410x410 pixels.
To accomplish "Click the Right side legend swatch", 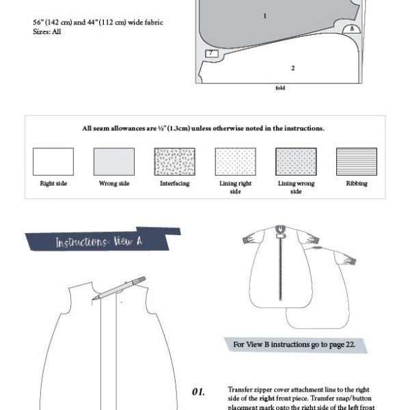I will (53, 161).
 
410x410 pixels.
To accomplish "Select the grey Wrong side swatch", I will (113, 161).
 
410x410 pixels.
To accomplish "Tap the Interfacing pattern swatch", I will (174, 161).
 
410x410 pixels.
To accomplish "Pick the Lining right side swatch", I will (235, 161).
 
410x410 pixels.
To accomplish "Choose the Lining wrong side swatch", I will (296, 161).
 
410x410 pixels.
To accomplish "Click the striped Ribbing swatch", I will (356, 161).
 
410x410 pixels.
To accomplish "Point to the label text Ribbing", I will (356, 183).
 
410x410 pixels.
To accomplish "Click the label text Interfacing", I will (174, 183).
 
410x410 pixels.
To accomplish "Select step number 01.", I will (198, 392).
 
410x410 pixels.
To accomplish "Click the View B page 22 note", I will (294, 344).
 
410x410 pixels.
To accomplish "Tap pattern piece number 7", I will (211, 53).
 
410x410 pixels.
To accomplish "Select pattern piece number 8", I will (351, 29).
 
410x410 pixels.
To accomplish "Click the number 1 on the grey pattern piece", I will (264, 15).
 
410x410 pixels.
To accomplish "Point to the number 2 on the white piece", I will (292, 68).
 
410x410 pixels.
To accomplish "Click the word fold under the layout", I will (279, 88).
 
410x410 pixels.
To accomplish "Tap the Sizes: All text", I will (47, 31).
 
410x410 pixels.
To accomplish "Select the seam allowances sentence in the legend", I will (203, 128).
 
